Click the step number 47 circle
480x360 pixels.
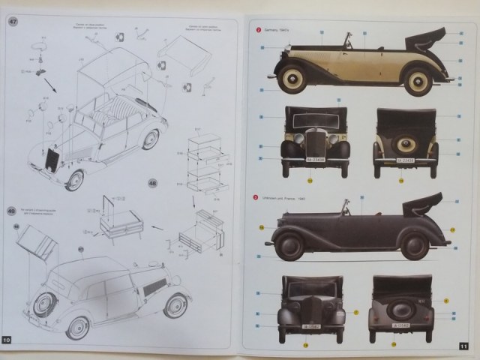(13, 20)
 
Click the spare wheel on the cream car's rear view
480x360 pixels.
(406, 145)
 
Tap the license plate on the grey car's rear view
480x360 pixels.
(402, 325)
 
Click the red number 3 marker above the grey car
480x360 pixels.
(255, 196)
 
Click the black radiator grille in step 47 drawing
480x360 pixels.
(52, 160)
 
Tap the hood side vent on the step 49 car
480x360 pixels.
(155, 288)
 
